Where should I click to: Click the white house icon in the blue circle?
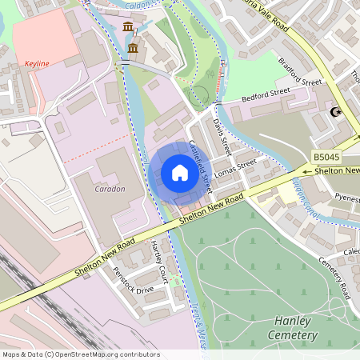tap(180, 172)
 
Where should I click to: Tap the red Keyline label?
tap(37, 62)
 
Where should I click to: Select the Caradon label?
tap(110, 189)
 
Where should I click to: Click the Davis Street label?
tap(221, 135)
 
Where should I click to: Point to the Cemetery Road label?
tap(334, 274)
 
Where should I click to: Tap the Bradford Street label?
tap(300, 71)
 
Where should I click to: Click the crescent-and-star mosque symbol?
tap(336, 112)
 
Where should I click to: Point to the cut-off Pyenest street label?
tap(347, 196)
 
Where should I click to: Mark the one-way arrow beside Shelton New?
tap(308, 170)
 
